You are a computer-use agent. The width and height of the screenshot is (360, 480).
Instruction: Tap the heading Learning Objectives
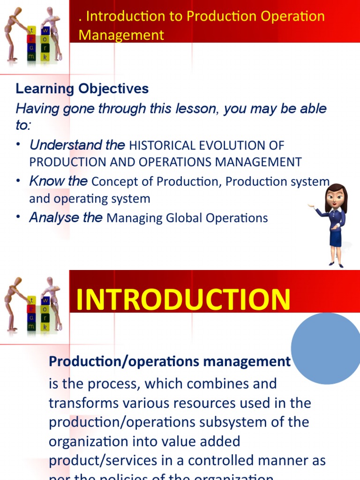[82, 89]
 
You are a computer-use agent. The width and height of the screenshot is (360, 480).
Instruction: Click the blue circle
[325, 348]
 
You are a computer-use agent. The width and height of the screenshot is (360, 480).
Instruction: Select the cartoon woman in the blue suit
[334, 225]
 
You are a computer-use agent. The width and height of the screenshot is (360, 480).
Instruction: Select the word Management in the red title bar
[121, 35]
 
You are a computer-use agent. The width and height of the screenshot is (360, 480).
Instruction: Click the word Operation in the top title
[295, 16]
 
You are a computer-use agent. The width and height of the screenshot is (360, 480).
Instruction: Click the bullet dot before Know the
[18, 181]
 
